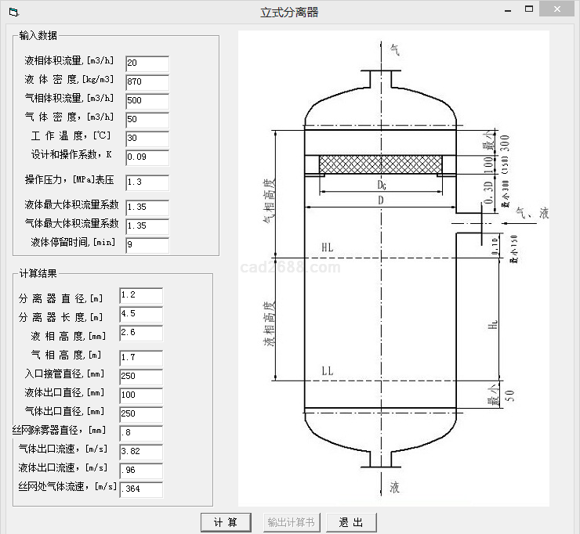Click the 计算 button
click(x=226, y=522)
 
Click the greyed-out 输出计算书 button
click(x=290, y=522)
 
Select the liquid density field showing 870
click(x=147, y=81)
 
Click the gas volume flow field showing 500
click(x=147, y=101)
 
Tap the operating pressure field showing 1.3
click(x=147, y=182)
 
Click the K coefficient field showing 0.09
click(x=147, y=158)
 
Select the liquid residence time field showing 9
click(x=147, y=245)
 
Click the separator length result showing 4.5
click(x=141, y=315)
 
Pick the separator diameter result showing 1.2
click(x=141, y=295)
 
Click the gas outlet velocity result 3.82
click(x=141, y=451)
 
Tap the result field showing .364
click(x=141, y=489)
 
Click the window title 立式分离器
click(x=289, y=12)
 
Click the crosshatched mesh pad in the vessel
click(x=380, y=164)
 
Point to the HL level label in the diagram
click(x=327, y=247)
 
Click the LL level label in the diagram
click(x=327, y=370)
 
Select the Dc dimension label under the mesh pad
click(x=381, y=186)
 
